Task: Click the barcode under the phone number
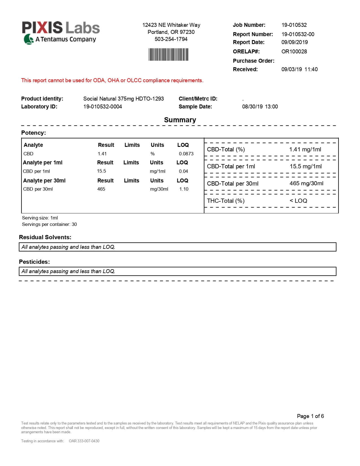168,55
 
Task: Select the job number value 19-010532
294,25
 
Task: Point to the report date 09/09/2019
294,42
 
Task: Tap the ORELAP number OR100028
294,51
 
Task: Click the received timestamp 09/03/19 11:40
299,69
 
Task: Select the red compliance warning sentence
112,80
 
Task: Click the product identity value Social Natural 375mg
123,99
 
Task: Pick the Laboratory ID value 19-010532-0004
102,106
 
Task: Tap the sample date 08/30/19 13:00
260,106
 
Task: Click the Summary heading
180,120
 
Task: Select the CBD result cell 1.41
102,154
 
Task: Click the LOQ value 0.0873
186,154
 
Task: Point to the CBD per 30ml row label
38,189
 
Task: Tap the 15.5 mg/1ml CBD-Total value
306,166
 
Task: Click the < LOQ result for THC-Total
298,201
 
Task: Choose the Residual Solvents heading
45,237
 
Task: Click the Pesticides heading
34,262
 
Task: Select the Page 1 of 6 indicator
310,416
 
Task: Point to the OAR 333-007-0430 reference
84,441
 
